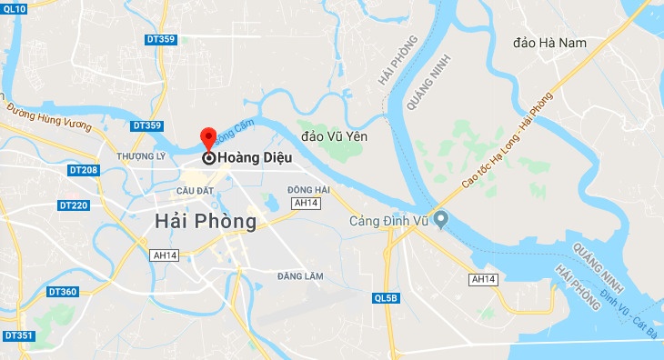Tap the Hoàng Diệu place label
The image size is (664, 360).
click(255, 157)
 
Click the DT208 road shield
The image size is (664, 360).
click(83, 170)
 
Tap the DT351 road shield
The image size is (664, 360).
click(18, 336)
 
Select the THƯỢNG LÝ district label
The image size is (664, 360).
click(139, 155)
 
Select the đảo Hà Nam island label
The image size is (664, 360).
click(550, 43)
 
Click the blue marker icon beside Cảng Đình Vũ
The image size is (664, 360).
click(440, 220)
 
